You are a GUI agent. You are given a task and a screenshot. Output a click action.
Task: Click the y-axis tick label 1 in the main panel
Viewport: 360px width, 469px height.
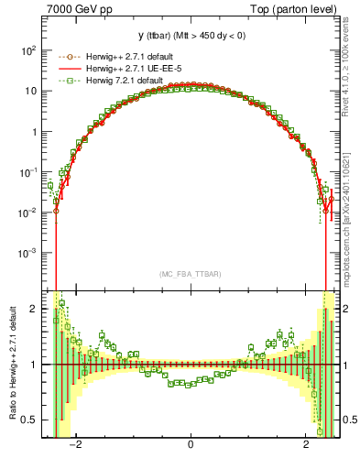[x=33, y=132]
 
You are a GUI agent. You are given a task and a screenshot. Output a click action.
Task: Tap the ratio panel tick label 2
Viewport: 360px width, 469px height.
[x=34, y=309]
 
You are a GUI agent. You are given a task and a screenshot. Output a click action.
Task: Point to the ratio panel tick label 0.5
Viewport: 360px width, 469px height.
[x=29, y=420]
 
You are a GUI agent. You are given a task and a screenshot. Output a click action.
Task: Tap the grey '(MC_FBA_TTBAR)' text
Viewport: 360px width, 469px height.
[x=191, y=273]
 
